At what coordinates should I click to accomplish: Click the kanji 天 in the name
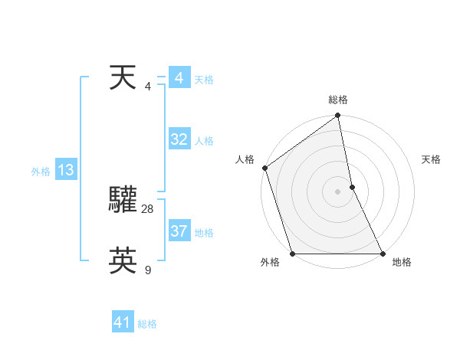[x=123, y=78]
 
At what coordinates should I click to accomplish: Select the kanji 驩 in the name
[x=123, y=199]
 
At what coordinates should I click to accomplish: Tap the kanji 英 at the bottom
[x=123, y=261]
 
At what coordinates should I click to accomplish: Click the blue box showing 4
[x=179, y=78]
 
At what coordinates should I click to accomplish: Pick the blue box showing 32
[x=179, y=139]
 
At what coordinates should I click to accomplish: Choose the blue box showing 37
[x=179, y=231]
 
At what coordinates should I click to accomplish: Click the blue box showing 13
[x=65, y=170]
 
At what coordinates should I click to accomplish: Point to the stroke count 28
[x=148, y=208]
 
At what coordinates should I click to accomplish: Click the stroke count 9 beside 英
[x=148, y=270]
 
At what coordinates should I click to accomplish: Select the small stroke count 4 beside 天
[x=148, y=86]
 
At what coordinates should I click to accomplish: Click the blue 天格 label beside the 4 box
[x=204, y=80]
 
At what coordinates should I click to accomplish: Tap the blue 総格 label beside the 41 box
[x=147, y=324]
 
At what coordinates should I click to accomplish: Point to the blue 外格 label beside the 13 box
[x=41, y=172]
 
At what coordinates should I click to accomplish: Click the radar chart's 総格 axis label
[x=338, y=100]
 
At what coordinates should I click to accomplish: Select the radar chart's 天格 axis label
[x=432, y=159]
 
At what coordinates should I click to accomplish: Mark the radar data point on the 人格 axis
[x=264, y=168]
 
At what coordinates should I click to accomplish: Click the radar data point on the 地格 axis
[x=383, y=254]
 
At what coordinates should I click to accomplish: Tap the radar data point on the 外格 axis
[x=293, y=254]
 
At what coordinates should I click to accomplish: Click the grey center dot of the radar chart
[x=337, y=191]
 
